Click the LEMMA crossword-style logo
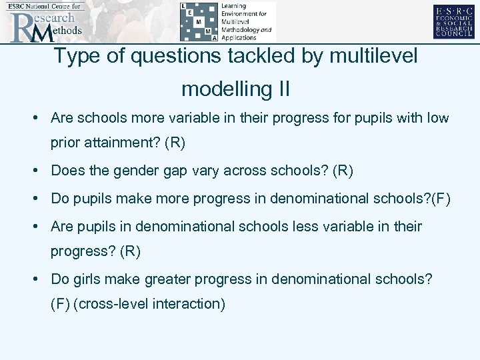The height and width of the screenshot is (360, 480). pos(227,21)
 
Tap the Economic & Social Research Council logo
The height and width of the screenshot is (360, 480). pos(453,22)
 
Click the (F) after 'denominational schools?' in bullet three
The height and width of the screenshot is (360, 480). pos(441,199)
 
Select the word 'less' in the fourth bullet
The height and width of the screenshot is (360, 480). pos(306,227)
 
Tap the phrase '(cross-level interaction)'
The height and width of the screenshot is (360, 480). pos(150,304)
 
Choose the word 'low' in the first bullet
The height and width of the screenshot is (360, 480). pos(437,118)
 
